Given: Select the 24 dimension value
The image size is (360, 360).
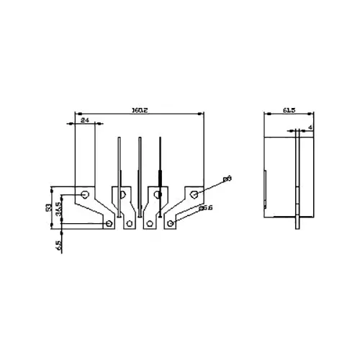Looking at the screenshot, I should tap(84, 120).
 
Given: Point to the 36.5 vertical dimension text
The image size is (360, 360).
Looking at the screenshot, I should tap(58, 210).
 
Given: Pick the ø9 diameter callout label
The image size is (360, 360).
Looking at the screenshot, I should tap(227, 178).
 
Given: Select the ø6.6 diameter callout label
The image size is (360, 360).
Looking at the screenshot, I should tap(205, 208).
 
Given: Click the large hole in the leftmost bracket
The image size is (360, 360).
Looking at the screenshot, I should tap(85, 194).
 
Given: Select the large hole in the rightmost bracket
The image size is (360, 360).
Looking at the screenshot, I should tap(194, 194).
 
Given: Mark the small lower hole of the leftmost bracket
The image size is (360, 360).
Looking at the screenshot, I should tap(109, 224).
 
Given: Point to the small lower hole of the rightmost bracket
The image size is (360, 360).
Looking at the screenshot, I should tap(171, 224).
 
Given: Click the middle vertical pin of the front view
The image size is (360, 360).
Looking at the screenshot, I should tap(139, 173).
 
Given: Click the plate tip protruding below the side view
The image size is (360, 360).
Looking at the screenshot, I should tap(297, 222).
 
